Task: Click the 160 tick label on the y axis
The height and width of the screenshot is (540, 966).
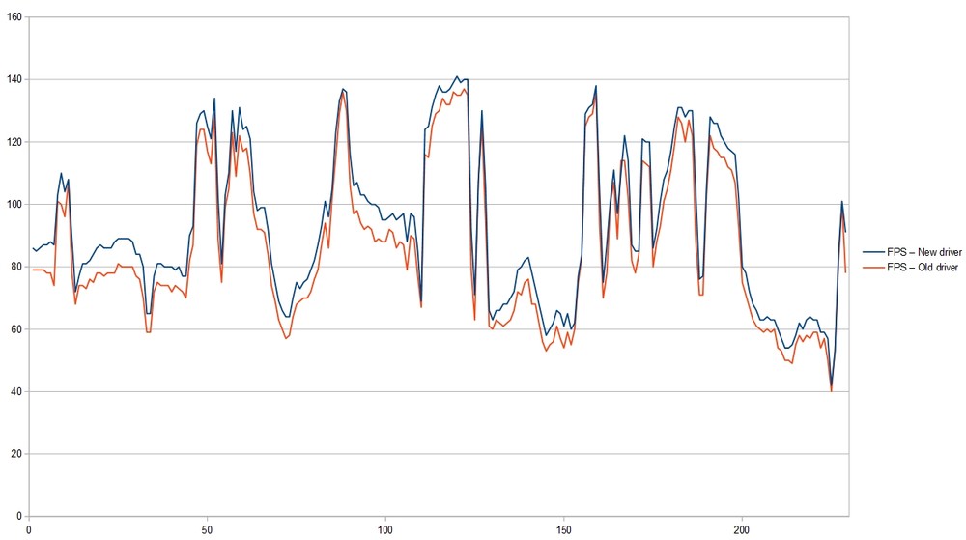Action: point(14,17)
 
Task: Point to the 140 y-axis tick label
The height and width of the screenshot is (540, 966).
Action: point(14,79)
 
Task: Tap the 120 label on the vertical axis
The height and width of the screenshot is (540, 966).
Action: point(14,142)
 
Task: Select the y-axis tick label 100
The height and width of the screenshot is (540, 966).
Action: point(14,204)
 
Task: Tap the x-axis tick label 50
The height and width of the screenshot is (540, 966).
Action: point(207,530)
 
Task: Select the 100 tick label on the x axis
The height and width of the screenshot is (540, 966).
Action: point(385,530)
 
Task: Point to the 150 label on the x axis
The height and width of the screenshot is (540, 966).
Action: point(564,530)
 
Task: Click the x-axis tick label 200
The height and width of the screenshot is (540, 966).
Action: point(742,530)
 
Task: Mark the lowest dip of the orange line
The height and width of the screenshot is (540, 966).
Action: point(831,391)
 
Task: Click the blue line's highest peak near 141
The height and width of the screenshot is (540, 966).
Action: point(457,76)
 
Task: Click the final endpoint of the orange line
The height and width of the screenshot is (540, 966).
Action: point(845,272)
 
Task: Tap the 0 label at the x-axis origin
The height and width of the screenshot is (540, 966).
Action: point(29,530)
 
